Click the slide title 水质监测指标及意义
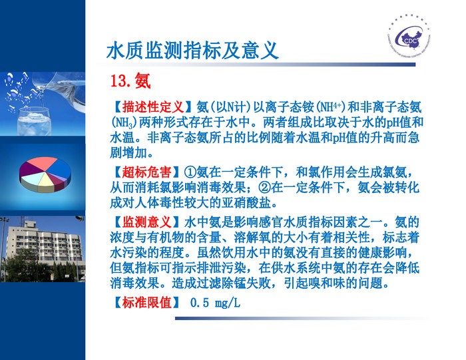click(x=192, y=51)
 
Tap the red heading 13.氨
click(x=130, y=82)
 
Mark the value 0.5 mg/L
click(x=215, y=303)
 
